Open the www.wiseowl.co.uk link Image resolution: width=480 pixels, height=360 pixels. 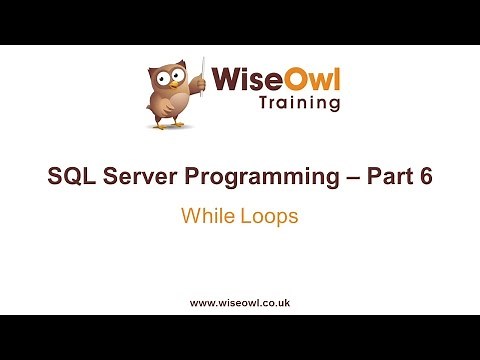[240, 301]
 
